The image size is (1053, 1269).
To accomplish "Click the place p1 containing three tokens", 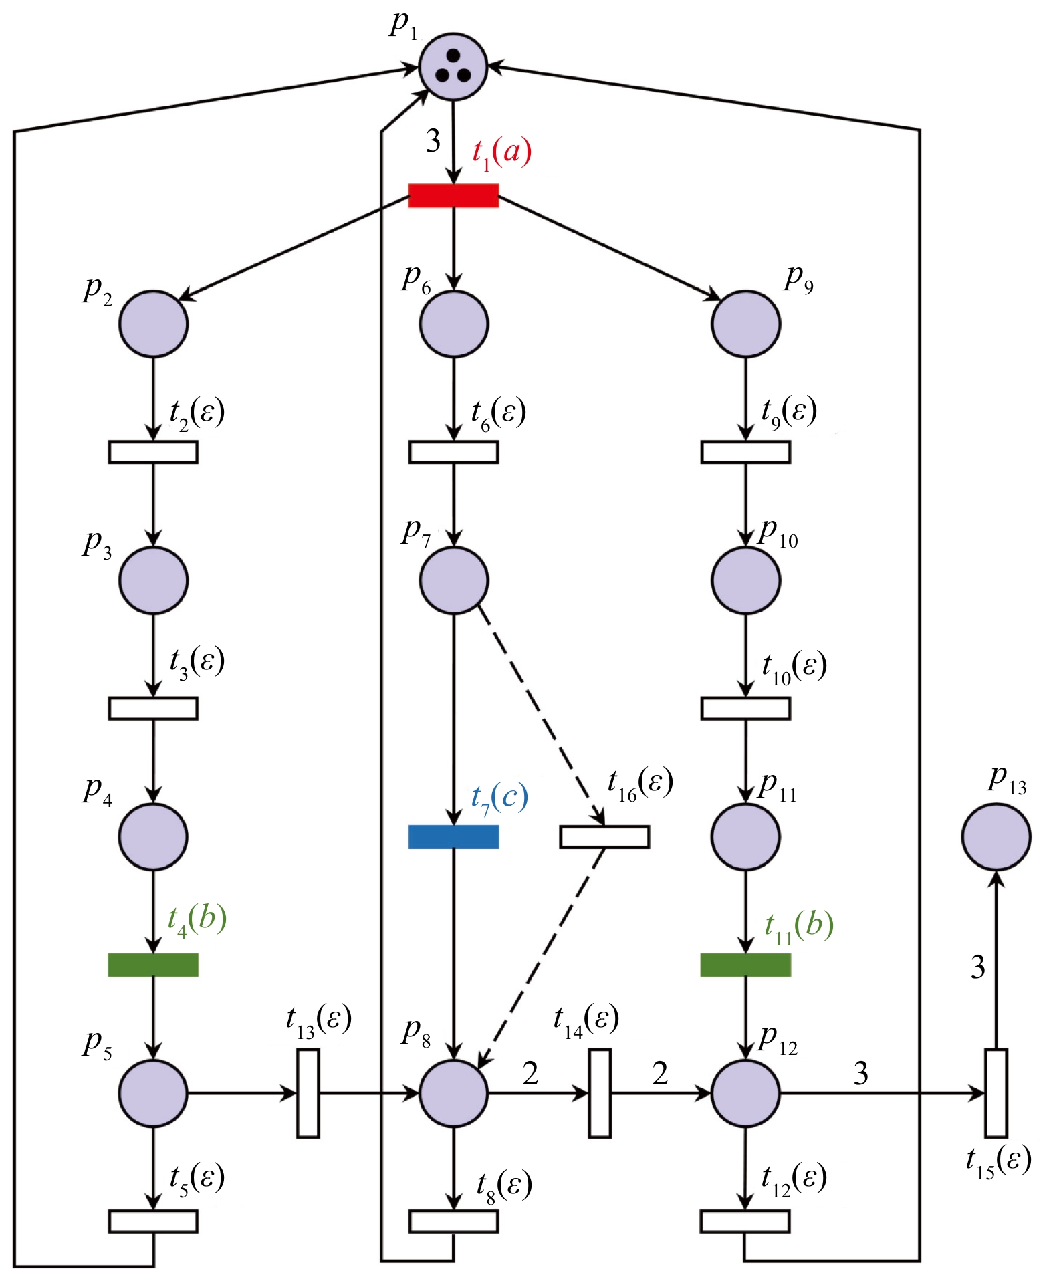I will [x=453, y=67].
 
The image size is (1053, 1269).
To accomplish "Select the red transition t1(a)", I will [x=453, y=195].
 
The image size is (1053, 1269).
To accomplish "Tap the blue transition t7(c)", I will [x=453, y=836].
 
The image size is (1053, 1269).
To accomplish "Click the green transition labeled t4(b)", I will [x=153, y=965].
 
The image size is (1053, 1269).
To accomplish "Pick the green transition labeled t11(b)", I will [x=745, y=965].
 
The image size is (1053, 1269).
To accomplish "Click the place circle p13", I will [x=996, y=836].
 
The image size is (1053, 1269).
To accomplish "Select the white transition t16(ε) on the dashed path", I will [x=604, y=837].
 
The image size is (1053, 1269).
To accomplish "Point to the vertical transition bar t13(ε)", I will [x=308, y=1093].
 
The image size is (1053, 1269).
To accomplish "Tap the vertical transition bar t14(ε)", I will [x=600, y=1093].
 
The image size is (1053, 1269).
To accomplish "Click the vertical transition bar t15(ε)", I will [x=996, y=1093].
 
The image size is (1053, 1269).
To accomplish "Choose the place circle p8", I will [x=453, y=1093].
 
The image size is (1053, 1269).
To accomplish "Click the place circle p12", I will [x=745, y=1093].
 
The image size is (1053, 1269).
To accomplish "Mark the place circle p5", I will [x=153, y=1093].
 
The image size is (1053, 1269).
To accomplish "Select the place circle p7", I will [x=453, y=580].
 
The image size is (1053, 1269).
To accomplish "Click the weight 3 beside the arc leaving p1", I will [x=433, y=141].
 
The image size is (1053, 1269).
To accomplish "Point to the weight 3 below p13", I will [x=977, y=967].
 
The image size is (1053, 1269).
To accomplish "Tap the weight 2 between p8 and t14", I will [x=530, y=1073].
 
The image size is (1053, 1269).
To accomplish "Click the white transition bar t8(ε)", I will [x=453, y=1222].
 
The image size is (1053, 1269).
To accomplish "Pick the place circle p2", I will [x=153, y=324].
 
